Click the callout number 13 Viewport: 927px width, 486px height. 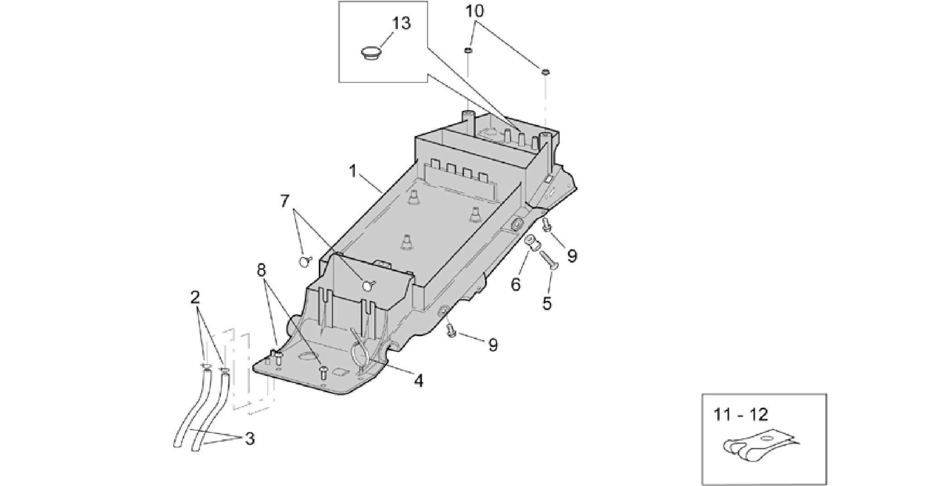pos(401,23)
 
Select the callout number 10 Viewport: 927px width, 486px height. pos(474,11)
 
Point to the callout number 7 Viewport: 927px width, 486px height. pos(285,201)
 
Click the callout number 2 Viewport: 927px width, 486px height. pos(195,298)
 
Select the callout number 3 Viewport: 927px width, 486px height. pos(249,439)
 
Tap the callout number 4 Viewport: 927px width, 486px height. pos(418,381)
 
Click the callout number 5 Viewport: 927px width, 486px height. pos(547,303)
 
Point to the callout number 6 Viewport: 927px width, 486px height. pos(516,285)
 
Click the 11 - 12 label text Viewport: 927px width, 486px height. pos(741,414)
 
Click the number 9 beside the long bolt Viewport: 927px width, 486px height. pos(572,256)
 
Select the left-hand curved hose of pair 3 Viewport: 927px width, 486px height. pos(191,408)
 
